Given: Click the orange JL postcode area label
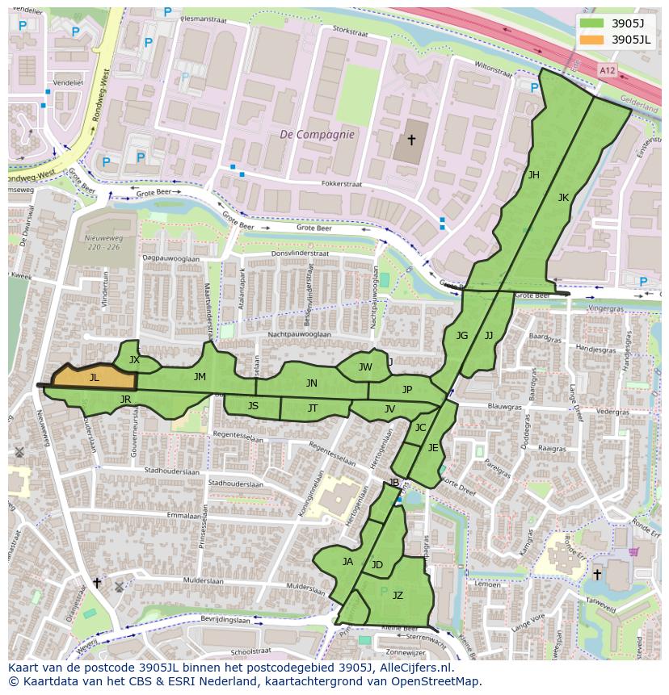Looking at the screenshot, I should (x=95, y=378).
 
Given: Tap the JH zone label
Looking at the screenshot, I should (x=533, y=175).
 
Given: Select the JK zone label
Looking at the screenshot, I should (x=563, y=197).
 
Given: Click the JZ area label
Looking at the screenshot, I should (x=398, y=596).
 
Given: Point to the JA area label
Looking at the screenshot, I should (x=347, y=562).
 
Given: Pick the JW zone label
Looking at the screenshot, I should (x=365, y=367).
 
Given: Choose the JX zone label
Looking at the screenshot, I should (x=134, y=360).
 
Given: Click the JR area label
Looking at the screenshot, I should (x=125, y=400).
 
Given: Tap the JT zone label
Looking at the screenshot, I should (x=313, y=409).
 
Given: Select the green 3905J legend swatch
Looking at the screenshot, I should (x=591, y=23).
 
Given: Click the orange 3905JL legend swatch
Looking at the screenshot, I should (x=591, y=39).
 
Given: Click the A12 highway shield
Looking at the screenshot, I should (x=607, y=71).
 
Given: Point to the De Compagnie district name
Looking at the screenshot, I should (x=317, y=135).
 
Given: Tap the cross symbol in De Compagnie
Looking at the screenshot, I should (x=411, y=140).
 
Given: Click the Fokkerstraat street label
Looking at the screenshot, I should (x=343, y=184).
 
